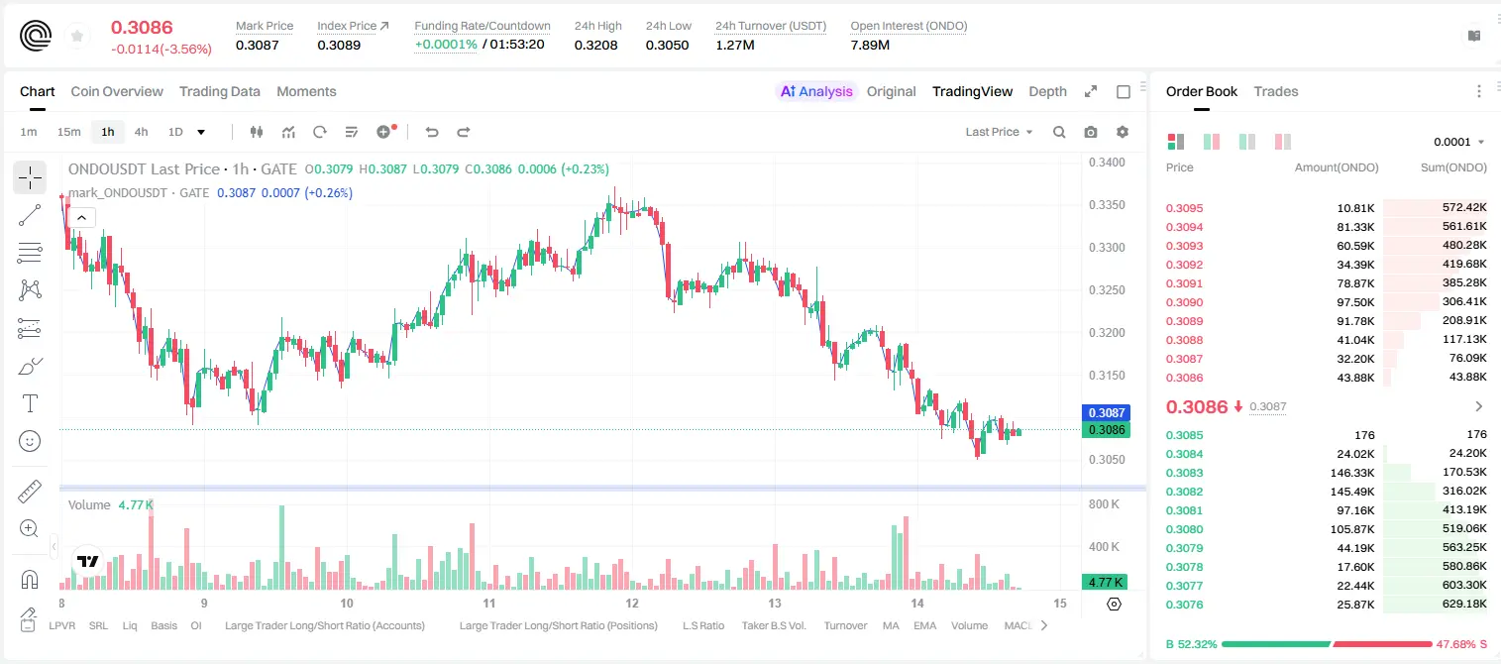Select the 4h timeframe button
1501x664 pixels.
(141, 132)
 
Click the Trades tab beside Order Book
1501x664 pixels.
(1276, 91)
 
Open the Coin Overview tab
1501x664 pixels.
(117, 91)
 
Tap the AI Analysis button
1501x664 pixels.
(816, 91)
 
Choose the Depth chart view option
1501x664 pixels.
(1047, 91)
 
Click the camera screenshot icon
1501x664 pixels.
(1091, 132)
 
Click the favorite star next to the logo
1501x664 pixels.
(77, 36)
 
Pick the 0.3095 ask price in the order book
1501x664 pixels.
(1184, 208)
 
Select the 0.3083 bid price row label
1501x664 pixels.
(1184, 473)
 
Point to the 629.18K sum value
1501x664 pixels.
(1464, 604)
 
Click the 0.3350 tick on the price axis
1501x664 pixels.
(1107, 204)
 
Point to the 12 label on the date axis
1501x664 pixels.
(632, 603)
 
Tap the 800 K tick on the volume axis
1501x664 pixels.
(1104, 503)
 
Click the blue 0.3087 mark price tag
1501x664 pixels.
(1106, 412)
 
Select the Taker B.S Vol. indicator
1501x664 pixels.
(773, 625)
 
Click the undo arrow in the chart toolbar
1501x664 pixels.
(432, 132)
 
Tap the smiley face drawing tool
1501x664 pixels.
(30, 441)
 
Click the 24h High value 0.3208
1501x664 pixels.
(595, 45)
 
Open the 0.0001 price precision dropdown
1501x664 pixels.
(1458, 142)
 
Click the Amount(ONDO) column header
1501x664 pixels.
(1337, 166)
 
